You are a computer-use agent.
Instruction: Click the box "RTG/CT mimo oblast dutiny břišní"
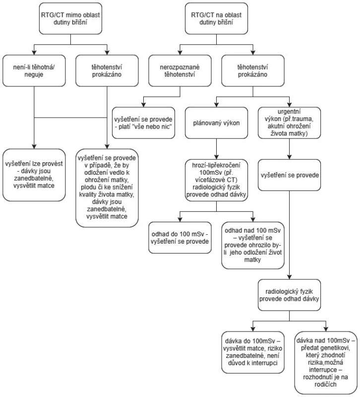click(70, 18)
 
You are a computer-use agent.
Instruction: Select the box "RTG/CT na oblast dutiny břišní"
click(216, 18)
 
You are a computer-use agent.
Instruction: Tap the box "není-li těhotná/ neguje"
click(34, 70)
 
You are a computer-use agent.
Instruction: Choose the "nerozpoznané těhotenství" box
click(180, 70)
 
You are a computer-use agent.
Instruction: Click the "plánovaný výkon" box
click(216, 123)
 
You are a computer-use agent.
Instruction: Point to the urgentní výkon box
click(289, 123)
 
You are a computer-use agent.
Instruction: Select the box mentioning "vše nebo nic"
click(143, 123)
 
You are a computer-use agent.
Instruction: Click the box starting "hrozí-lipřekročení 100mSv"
click(216, 180)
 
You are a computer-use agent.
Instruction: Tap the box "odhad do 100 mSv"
click(180, 238)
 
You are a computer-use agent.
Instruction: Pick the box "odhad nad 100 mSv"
click(253, 245)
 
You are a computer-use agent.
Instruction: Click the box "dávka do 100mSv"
click(253, 352)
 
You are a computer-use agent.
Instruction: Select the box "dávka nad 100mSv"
click(326, 363)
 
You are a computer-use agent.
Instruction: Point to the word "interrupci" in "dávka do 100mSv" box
click(265, 363)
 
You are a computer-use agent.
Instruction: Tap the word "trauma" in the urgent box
click(304, 119)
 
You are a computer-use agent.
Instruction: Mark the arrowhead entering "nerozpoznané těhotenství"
click(180, 53)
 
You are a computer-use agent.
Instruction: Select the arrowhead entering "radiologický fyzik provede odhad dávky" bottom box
click(289, 277)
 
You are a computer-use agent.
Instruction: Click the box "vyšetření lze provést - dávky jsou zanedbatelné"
click(34, 175)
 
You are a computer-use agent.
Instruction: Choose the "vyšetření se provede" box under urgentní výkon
click(289, 175)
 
